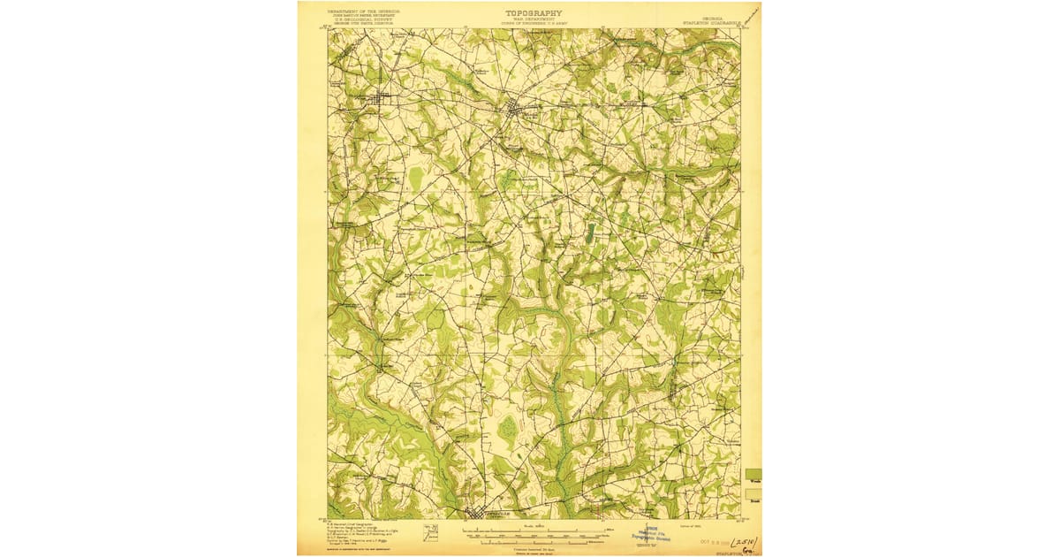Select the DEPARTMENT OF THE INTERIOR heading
coord(365,11)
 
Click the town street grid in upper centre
coord(516,111)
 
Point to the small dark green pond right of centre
coord(590,233)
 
